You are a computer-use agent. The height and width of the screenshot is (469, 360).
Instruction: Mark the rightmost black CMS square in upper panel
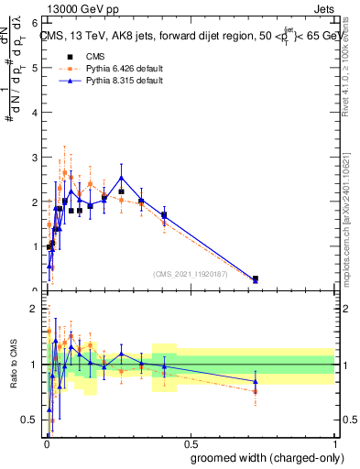255,278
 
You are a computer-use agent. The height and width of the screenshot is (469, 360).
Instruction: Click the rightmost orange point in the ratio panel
255,391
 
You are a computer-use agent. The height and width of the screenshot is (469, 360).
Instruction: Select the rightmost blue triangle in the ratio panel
255,381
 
